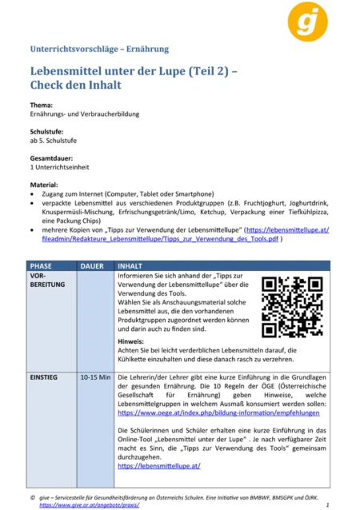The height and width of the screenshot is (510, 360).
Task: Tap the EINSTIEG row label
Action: (47, 376)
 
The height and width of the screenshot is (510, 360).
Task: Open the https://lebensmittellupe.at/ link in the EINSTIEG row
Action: (158, 465)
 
